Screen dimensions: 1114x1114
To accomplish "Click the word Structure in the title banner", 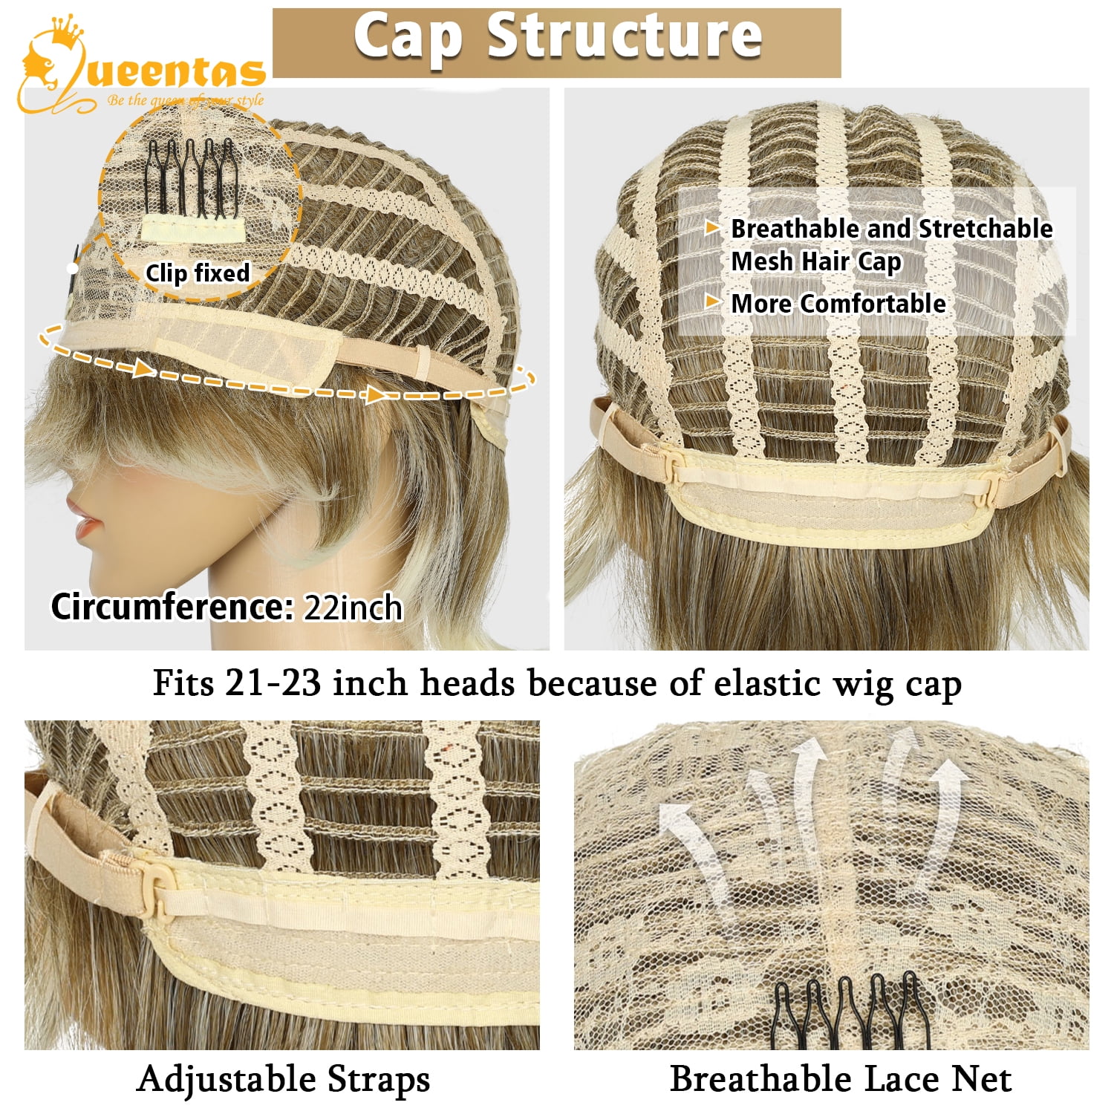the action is point(625,36).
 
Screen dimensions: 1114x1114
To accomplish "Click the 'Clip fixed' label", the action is point(198,273).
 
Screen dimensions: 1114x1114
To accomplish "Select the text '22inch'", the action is point(353,608).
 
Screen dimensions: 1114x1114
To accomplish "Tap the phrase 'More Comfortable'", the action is point(838,303).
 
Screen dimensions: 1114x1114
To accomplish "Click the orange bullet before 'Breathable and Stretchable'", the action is point(712,227).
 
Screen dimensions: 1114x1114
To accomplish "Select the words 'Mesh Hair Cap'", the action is point(816,261).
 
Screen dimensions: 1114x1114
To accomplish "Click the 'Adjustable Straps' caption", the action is point(283,1079).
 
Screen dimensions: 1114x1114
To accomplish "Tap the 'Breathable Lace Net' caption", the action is point(841,1079).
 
